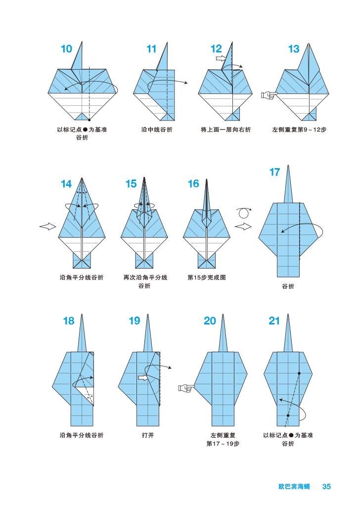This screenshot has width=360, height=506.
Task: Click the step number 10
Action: click(66, 49)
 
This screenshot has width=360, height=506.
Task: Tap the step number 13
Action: click(294, 49)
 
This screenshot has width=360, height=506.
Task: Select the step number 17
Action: click(274, 172)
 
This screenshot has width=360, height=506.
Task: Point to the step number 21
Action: click(274, 321)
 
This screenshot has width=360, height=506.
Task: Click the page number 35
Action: click(326, 487)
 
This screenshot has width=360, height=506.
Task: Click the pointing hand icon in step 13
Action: click(268, 94)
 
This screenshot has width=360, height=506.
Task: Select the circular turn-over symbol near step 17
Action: click(243, 213)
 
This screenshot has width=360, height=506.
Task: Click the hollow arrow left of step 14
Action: click(47, 226)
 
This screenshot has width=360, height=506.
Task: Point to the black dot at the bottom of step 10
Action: click(89, 120)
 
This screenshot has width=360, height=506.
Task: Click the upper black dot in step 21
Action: click(299, 373)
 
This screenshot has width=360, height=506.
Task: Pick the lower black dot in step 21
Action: click(288, 415)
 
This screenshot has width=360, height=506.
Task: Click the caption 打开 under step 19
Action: click(147, 436)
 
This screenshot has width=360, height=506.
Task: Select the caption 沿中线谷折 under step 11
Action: click(157, 130)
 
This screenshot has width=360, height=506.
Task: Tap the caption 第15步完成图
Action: click(207, 278)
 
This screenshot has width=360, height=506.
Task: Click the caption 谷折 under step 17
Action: click(288, 286)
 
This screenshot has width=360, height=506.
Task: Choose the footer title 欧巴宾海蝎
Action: click(294, 487)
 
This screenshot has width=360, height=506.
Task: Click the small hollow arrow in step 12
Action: click(221, 58)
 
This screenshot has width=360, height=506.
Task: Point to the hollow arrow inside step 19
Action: click(143, 378)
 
